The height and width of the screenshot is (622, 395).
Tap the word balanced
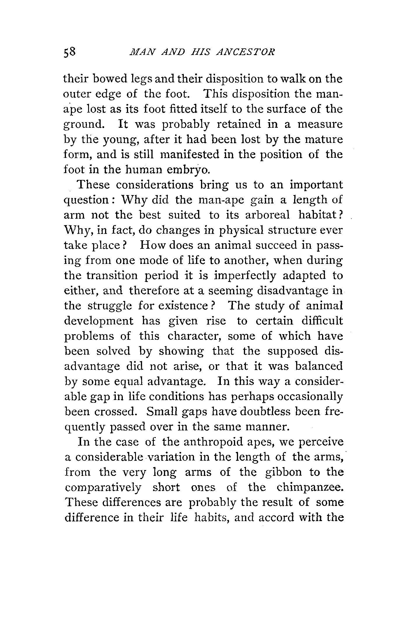[319, 366]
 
